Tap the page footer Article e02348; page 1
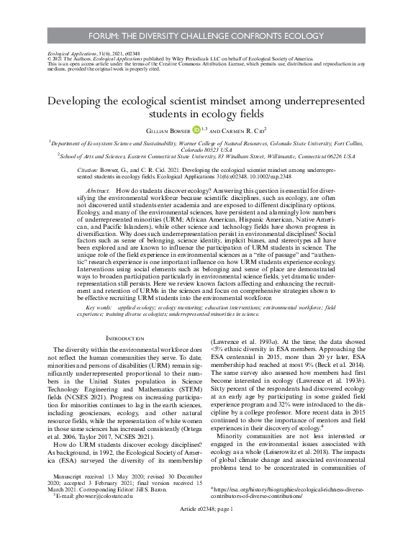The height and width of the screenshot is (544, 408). pos(204,529)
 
